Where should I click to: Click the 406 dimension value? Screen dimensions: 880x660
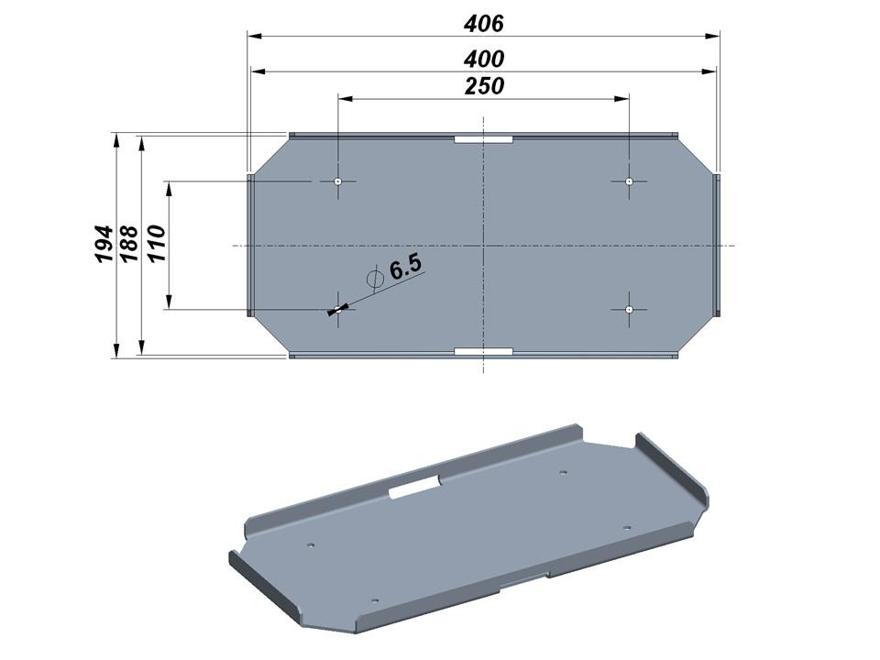484,23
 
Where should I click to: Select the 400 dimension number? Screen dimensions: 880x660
484,59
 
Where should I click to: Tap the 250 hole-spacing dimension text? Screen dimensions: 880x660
484,86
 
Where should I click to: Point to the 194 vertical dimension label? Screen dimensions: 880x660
104,244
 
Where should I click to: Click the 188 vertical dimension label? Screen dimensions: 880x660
129,244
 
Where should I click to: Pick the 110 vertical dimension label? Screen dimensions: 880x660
156,242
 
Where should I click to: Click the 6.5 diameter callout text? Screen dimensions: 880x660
405,267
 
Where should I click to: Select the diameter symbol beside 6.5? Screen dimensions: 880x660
374,279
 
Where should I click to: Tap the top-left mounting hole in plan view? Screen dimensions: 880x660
338,181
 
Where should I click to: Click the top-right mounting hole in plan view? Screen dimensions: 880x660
629,181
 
